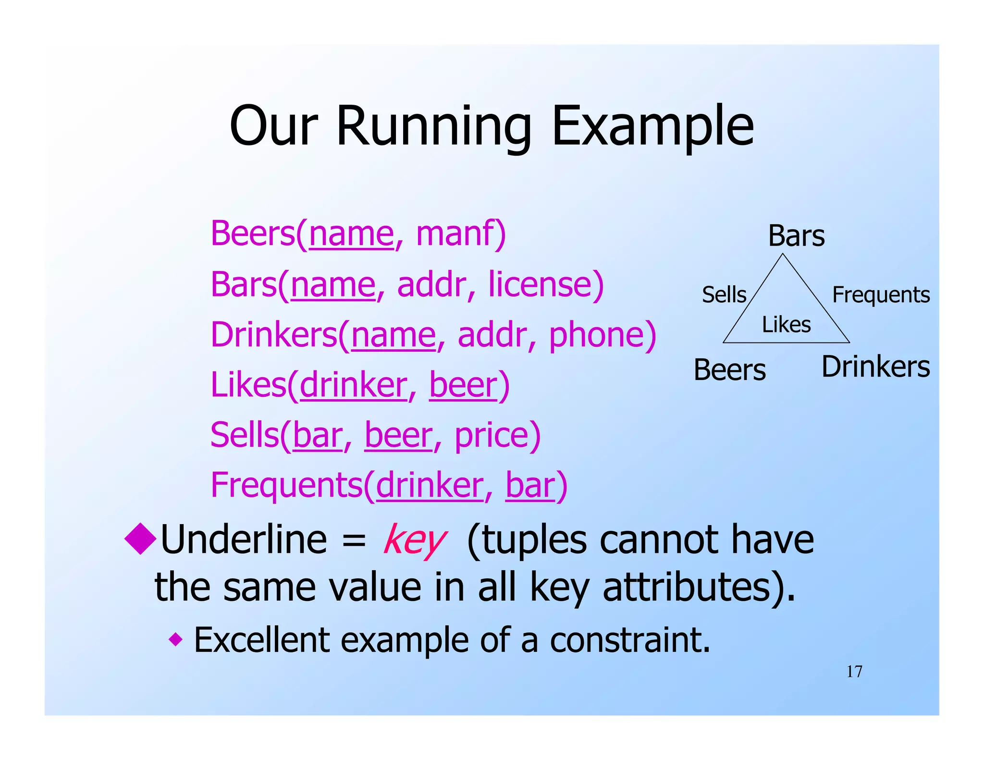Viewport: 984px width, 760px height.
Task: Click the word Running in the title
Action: click(433, 126)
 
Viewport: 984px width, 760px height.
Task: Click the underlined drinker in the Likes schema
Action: click(353, 385)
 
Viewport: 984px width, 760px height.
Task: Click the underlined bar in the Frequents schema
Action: click(530, 485)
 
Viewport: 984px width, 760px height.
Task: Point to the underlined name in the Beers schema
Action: click(351, 233)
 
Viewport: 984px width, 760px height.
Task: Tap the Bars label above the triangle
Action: click(796, 236)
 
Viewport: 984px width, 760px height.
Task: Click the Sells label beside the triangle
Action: click(724, 294)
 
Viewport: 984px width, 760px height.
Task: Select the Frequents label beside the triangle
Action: click(881, 294)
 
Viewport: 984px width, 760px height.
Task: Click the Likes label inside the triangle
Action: click(786, 325)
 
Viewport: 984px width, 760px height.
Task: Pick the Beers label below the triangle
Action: click(729, 370)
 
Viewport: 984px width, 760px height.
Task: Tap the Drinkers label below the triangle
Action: click(875, 367)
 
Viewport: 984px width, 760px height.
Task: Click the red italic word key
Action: click(415, 540)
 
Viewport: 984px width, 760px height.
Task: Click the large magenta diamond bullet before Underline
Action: click(140, 539)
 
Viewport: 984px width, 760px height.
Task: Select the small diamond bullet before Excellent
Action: click(176, 639)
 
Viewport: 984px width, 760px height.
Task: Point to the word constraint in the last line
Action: click(629, 640)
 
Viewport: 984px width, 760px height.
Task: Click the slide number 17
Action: click(854, 672)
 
